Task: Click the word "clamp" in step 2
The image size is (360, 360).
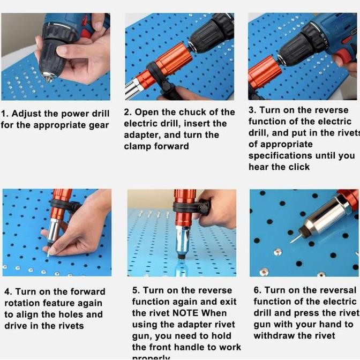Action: click(x=138, y=146)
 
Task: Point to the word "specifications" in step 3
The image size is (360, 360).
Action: click(x=280, y=155)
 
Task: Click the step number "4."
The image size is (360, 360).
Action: click(x=8, y=292)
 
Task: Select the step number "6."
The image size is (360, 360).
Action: click(x=258, y=290)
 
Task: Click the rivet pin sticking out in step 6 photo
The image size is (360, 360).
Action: click(x=294, y=239)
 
